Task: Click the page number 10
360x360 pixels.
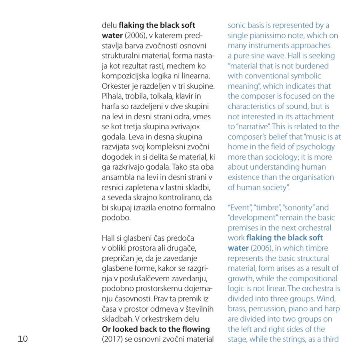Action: point(22,339)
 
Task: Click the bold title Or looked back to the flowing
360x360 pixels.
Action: point(156,329)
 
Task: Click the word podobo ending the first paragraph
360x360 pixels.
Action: point(116,218)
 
